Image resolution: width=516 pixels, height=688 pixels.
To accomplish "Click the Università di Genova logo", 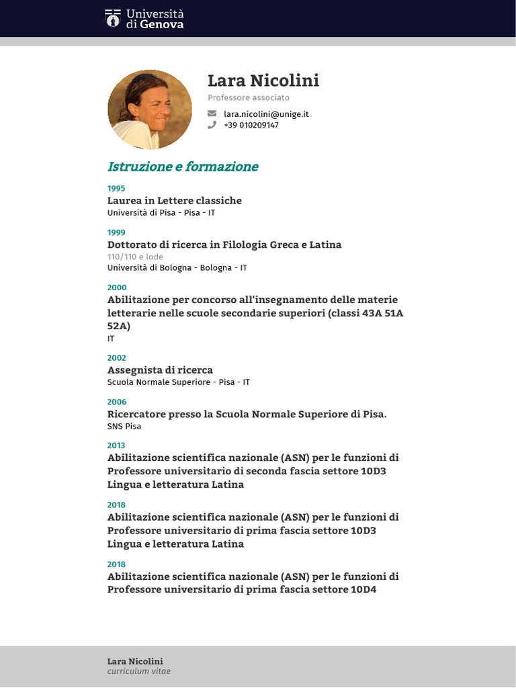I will pyautogui.click(x=144, y=18).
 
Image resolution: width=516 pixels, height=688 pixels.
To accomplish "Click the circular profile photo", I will pyautogui.click(x=150, y=110).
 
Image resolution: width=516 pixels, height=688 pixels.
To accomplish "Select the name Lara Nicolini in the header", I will pyautogui.click(x=263, y=81).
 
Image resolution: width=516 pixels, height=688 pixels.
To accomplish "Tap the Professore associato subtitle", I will pyautogui.click(x=249, y=98).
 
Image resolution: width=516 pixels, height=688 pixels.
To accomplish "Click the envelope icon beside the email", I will pyautogui.click(x=212, y=114).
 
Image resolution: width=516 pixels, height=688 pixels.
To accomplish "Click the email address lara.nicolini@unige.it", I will pyautogui.click(x=266, y=114).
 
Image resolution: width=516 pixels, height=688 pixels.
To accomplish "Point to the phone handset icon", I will pyautogui.click(x=212, y=125).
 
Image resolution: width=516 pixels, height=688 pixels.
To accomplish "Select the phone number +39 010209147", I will pyautogui.click(x=251, y=125).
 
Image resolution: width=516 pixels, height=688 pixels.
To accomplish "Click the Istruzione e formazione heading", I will pyautogui.click(x=183, y=167).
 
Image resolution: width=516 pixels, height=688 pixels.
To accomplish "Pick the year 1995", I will pyautogui.click(x=116, y=188).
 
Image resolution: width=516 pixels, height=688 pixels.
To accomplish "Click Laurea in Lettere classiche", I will pyautogui.click(x=175, y=200).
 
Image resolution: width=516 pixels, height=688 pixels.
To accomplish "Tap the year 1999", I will pyautogui.click(x=116, y=232).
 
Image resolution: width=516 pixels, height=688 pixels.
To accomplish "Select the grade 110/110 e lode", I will pyautogui.click(x=135, y=257).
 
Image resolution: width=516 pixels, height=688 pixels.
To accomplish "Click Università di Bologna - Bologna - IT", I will pyautogui.click(x=177, y=267).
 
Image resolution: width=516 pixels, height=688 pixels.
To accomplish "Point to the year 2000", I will pyautogui.click(x=116, y=288).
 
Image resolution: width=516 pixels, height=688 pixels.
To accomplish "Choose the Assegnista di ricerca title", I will pyautogui.click(x=160, y=370).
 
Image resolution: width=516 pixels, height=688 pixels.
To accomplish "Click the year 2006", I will pyautogui.click(x=116, y=402).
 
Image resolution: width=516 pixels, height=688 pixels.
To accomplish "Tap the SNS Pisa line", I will pyautogui.click(x=124, y=426).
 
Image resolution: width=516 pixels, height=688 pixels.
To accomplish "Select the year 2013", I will pyautogui.click(x=116, y=445).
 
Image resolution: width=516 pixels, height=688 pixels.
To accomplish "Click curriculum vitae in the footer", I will pyautogui.click(x=139, y=671).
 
